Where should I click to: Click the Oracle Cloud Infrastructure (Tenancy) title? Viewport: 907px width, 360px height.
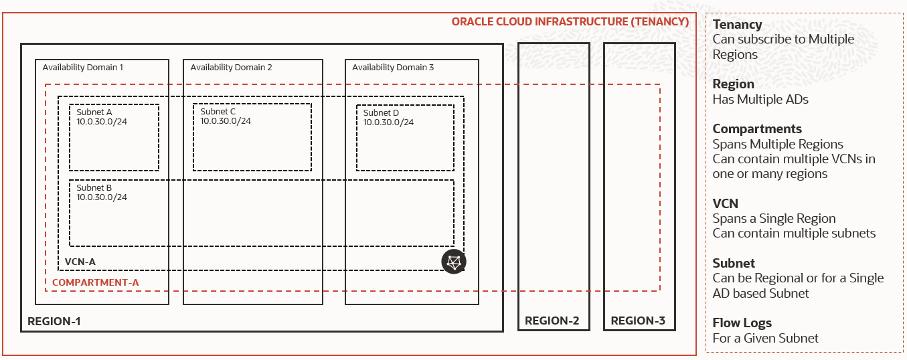570,21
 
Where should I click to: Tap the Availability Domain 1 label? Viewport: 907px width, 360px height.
82,68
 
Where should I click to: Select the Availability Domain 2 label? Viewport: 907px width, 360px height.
231,68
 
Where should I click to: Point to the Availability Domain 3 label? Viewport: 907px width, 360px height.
393,68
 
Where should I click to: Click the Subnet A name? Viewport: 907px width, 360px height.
94,112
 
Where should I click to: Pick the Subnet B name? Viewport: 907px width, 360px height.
94,188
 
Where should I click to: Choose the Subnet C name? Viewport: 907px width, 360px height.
218,112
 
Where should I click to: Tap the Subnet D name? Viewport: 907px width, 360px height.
381,113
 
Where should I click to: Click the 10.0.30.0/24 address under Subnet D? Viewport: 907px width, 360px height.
388,122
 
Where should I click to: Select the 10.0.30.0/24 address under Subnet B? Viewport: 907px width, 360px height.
102,197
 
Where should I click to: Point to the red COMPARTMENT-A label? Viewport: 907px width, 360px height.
95,282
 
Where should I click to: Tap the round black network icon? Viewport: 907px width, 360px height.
454,261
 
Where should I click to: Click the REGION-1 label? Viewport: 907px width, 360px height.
54,321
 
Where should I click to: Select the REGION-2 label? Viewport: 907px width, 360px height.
552,321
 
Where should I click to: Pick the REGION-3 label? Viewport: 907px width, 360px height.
638,321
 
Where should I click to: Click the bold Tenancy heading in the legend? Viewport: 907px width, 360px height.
737,25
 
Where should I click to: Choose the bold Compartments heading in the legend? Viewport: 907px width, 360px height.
757,129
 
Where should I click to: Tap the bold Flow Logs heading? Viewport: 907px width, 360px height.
742,323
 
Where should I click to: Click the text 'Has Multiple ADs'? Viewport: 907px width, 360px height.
760,100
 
